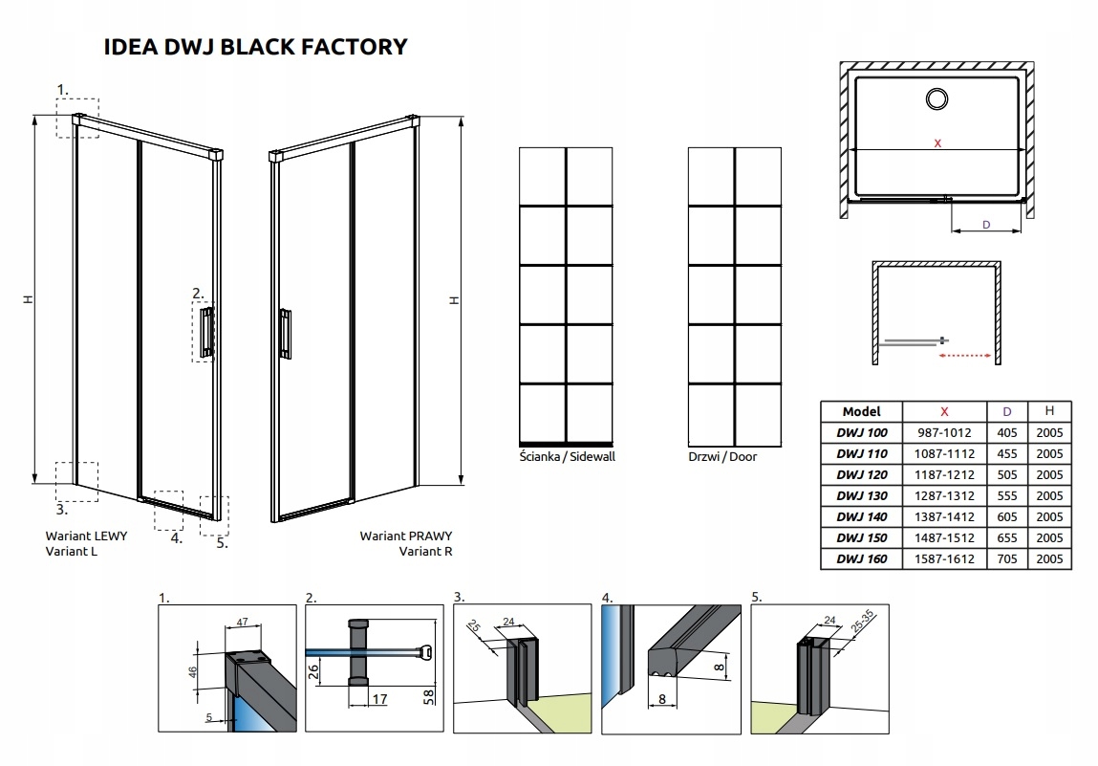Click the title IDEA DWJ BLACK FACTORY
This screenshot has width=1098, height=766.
pos(254,46)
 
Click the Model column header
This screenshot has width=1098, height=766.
pos(862,410)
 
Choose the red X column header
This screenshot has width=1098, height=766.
pos(944,410)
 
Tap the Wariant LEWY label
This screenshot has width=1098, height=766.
pos(86,536)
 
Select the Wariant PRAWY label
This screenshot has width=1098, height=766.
pos(406,536)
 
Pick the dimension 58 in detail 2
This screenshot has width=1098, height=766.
pos(432,694)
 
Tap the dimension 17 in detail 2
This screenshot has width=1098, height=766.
pos(378,699)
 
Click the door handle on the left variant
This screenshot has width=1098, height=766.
pos(205,332)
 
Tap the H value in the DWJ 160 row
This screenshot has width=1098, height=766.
pos(1050,559)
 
